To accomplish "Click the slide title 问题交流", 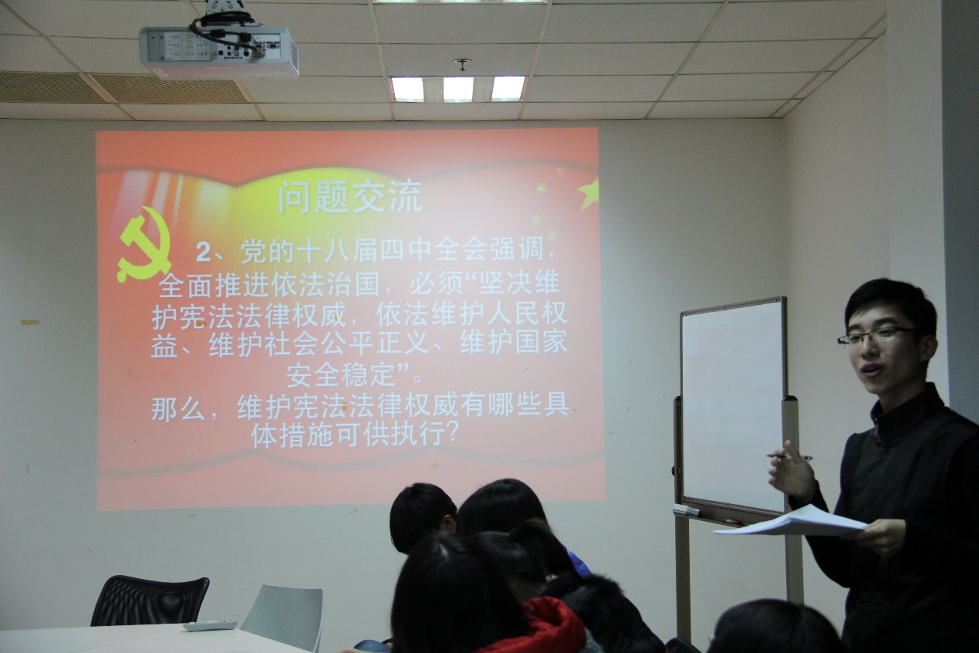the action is pos(350,197).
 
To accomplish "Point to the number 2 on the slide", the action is pos(203,252).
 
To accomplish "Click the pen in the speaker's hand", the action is pos(787,457).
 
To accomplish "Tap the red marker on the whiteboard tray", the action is pos(734,522).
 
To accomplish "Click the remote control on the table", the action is pos(210,625).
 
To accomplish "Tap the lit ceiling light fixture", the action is pos(457,89).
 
